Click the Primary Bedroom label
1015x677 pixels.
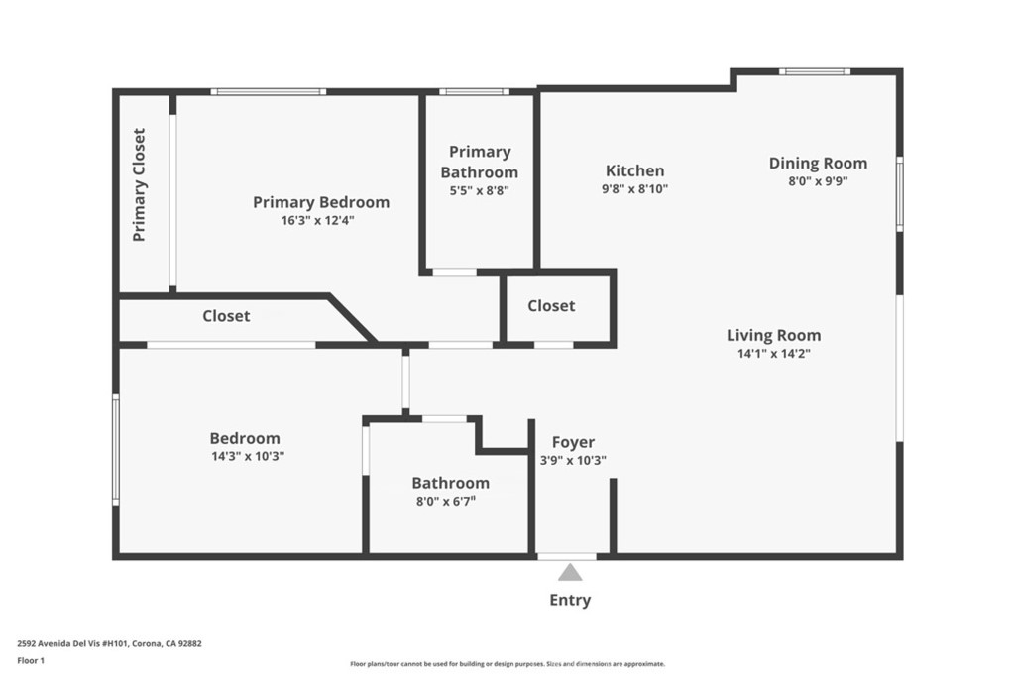tap(321, 202)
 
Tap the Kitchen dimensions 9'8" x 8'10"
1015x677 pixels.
tap(634, 189)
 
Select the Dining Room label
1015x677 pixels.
tap(818, 164)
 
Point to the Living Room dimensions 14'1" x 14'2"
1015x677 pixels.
tap(774, 354)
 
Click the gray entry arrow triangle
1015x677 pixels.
tap(570, 572)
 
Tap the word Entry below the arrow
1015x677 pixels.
tap(570, 600)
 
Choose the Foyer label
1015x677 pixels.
tap(573, 442)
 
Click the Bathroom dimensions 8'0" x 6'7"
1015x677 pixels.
tap(446, 501)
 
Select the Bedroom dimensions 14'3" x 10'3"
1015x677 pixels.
tap(248, 456)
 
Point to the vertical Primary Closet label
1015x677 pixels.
tap(139, 185)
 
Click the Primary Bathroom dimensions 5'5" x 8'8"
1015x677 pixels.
tap(480, 191)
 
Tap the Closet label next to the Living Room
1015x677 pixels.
tap(551, 306)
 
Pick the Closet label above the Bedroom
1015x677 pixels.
tap(226, 316)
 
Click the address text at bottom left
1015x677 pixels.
tap(109, 644)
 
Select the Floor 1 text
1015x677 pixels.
tap(31, 661)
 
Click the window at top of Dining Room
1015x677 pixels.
tap(815, 71)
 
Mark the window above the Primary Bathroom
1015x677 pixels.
tap(475, 92)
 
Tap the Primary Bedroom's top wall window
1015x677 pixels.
tap(269, 92)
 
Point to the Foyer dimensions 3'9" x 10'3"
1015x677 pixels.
tap(574, 461)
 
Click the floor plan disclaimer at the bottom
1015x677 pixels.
tap(507, 664)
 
